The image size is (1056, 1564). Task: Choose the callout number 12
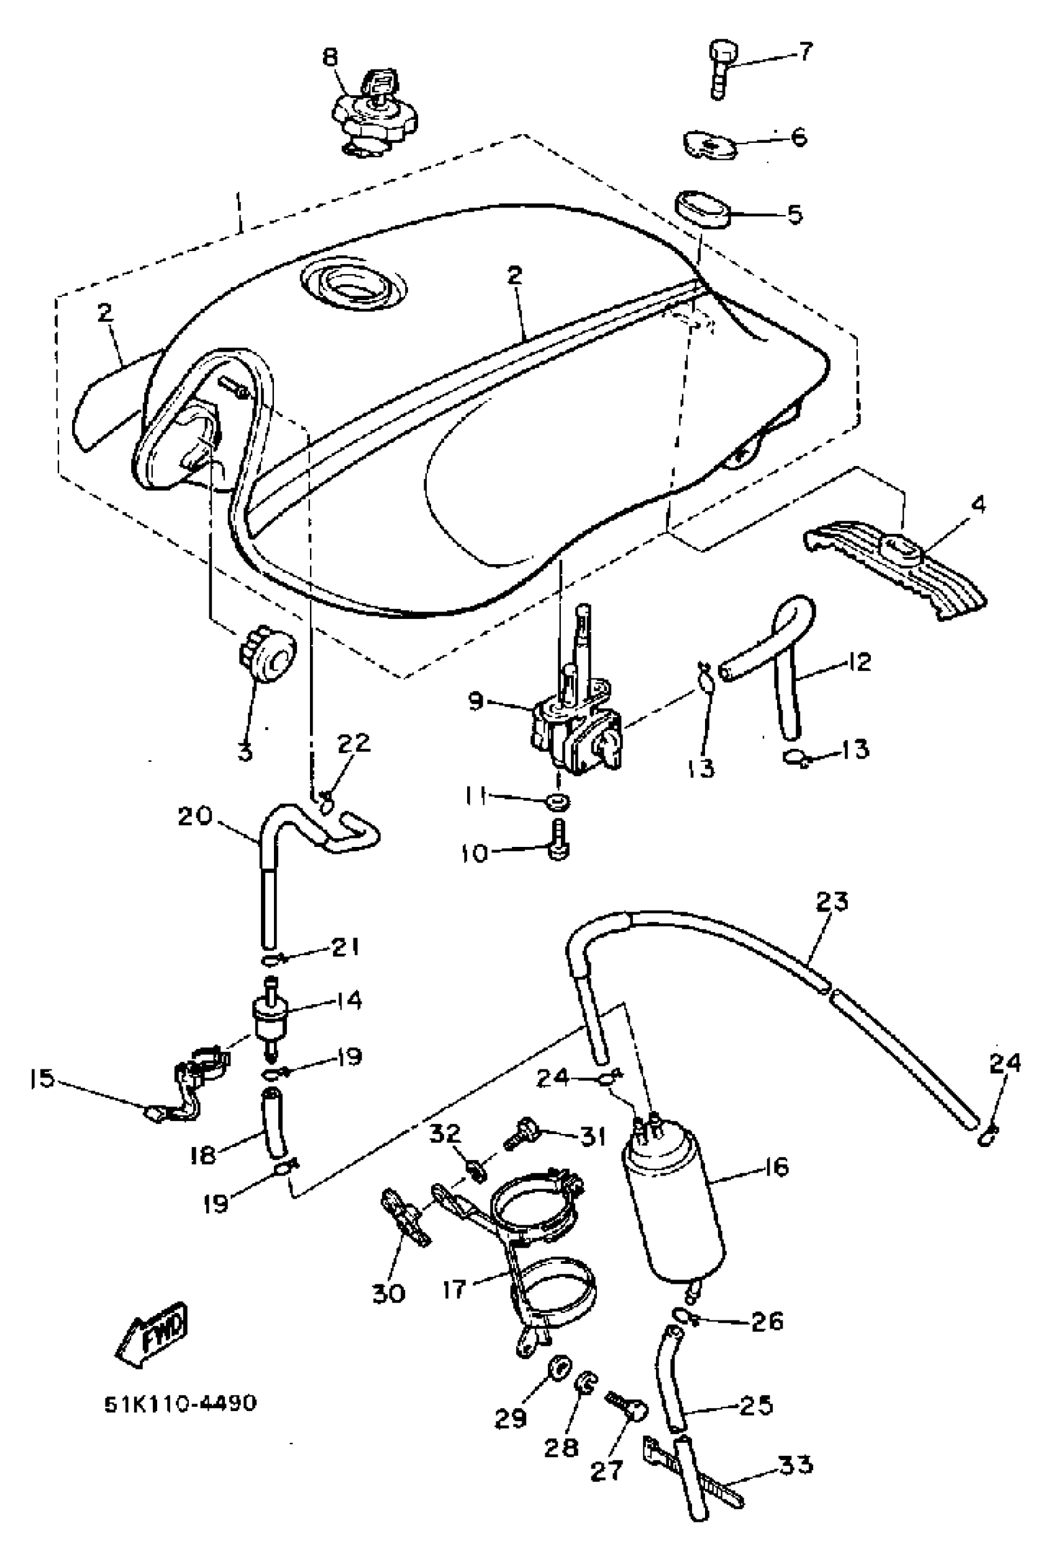854,662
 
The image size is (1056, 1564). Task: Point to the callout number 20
195,817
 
